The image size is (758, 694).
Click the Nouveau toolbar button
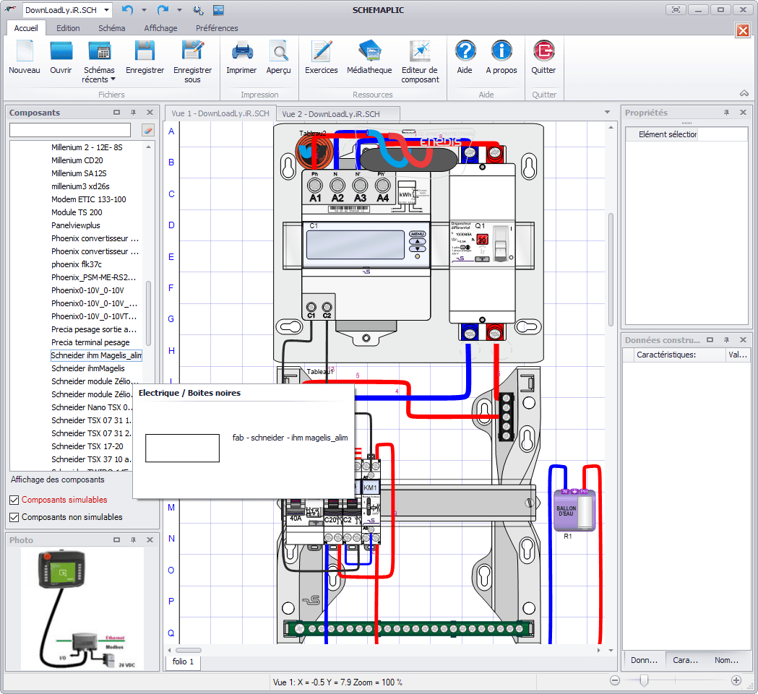click(x=24, y=57)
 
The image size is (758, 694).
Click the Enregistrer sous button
click(x=192, y=57)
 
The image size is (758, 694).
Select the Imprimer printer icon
click(x=241, y=57)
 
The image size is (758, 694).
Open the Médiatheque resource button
click(x=369, y=57)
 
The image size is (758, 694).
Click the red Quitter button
click(x=543, y=57)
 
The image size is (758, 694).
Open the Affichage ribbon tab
click(x=160, y=28)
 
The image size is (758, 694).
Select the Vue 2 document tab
click(x=330, y=114)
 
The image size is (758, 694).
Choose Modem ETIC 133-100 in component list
click(x=88, y=199)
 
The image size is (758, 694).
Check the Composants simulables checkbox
click(x=14, y=500)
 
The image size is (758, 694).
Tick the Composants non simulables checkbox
click(x=14, y=517)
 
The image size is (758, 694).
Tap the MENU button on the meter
click(x=418, y=235)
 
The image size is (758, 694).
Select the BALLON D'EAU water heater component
click(x=573, y=510)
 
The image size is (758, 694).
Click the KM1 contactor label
click(x=371, y=488)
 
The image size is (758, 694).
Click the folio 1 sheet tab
click(x=183, y=662)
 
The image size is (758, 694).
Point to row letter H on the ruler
click(x=171, y=351)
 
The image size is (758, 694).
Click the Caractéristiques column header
click(x=666, y=355)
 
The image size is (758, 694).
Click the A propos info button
click(x=501, y=57)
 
